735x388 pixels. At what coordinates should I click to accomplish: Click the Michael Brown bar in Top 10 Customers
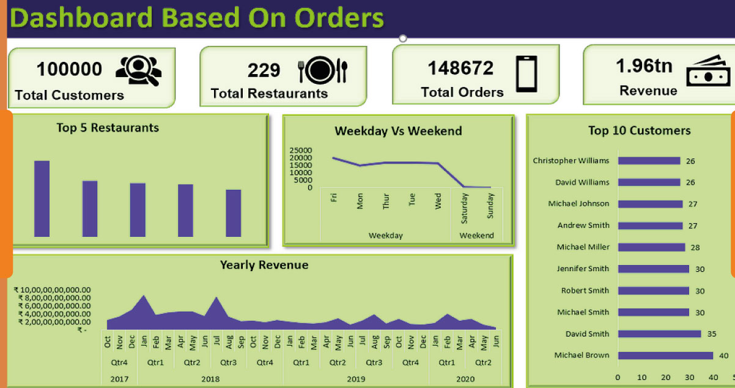point(665,356)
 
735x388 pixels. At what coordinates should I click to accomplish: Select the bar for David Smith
point(659,334)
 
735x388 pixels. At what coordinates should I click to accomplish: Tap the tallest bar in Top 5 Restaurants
point(42,198)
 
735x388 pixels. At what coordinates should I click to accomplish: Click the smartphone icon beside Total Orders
point(526,73)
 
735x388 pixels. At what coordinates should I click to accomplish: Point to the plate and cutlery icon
point(323,70)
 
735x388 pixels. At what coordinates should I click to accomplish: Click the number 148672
point(460,68)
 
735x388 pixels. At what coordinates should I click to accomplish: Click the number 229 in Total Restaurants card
point(264,70)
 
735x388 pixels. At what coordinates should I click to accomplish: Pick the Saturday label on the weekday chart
point(464,207)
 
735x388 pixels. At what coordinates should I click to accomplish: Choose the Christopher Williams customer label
point(571,161)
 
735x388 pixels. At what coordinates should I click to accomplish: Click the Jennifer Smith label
point(583,269)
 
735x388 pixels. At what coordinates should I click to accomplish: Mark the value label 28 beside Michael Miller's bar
point(695,247)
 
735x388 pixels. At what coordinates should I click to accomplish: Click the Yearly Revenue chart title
point(264,265)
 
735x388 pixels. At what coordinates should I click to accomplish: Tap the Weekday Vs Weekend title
point(398,130)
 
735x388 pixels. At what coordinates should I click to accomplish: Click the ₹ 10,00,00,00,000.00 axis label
point(54,290)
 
